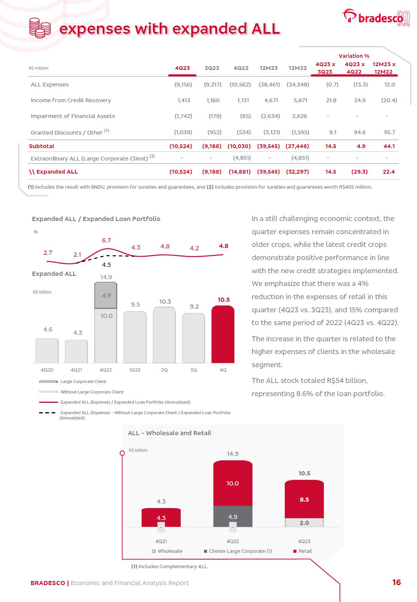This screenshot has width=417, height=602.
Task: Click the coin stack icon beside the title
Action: pyautogui.click(x=40, y=27)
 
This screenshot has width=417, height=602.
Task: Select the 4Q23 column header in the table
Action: pyautogui.click(x=183, y=68)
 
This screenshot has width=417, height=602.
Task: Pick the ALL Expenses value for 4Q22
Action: pyautogui.click(x=240, y=85)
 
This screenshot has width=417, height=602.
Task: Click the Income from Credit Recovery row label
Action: pyautogui.click(x=71, y=100)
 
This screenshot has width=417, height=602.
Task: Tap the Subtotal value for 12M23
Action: pyautogui.click(x=268, y=146)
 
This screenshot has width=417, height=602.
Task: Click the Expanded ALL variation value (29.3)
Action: pyautogui.click(x=360, y=172)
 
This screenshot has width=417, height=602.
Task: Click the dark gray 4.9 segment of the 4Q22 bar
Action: pyautogui.click(x=106, y=296)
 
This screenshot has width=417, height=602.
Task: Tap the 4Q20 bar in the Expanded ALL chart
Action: pyautogui.click(x=47, y=350)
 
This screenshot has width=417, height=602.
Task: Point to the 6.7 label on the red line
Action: pyautogui.click(x=106, y=240)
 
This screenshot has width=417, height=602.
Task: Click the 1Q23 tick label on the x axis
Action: pyautogui.click(x=135, y=370)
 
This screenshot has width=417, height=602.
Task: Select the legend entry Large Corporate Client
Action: pyautogui.click(x=83, y=381)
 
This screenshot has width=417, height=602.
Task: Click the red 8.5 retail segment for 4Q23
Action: pyautogui.click(x=304, y=499)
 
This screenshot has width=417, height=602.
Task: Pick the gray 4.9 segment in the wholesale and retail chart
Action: pyautogui.click(x=233, y=517)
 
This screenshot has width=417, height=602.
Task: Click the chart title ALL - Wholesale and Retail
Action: pyautogui.click(x=169, y=433)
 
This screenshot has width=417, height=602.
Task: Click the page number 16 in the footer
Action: pyautogui.click(x=396, y=582)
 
